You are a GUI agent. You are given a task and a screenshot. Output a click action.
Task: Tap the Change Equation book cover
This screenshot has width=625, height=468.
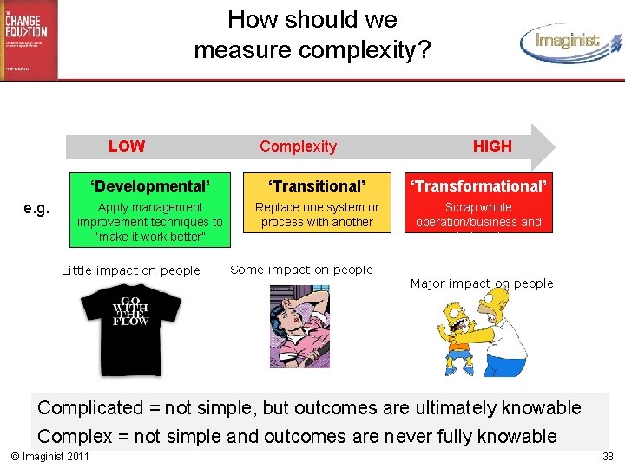29,40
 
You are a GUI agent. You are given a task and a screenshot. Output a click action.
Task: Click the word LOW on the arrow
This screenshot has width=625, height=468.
127,146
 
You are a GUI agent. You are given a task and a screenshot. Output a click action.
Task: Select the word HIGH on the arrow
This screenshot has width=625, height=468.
492,146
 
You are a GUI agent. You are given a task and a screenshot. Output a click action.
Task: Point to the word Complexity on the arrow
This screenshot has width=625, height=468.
298,146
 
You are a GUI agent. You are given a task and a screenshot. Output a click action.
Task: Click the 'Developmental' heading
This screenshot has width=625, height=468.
150,186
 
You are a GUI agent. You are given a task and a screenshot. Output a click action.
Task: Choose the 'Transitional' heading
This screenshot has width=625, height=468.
317,186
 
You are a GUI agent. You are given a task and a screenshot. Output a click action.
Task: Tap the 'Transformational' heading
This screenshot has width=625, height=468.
479,186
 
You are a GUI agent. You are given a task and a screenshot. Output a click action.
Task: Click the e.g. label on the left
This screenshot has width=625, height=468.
36,208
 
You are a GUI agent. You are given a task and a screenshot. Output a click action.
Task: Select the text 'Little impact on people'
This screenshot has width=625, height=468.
130,270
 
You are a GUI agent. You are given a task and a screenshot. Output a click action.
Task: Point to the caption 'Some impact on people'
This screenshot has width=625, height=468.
301,270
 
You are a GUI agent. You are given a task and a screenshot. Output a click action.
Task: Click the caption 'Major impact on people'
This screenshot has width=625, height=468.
481,283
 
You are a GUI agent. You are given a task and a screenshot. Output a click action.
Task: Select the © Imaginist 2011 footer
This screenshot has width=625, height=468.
49,456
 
